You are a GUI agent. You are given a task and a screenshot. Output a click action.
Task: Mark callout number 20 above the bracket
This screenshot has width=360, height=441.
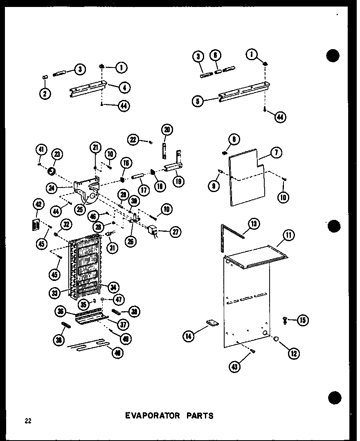tap(166, 129)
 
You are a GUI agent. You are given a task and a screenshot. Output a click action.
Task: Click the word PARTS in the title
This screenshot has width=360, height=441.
tap(198, 416)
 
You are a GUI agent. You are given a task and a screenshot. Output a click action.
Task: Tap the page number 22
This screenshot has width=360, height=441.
tap(28, 421)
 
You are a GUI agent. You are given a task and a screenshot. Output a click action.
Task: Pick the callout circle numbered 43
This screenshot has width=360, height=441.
tap(235, 366)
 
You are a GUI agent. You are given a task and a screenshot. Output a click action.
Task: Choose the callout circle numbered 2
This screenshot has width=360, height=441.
tap(45, 93)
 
